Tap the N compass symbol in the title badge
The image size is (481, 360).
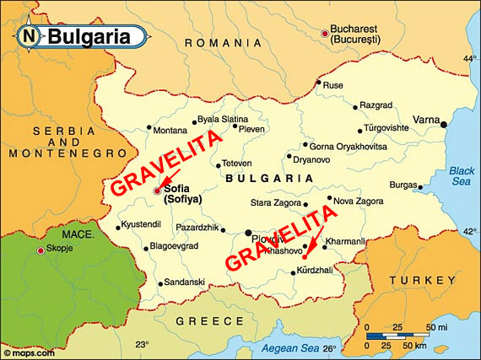tap(30, 36)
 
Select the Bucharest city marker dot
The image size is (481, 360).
tap(326, 34)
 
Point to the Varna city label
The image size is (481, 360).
tap(426, 120)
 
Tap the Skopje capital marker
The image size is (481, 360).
tap(41, 250)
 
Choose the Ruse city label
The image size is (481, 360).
tap(333, 85)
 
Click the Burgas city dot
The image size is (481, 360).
tap(422, 185)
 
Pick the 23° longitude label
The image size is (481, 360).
tap(143, 344)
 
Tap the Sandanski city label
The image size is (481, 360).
tap(185, 282)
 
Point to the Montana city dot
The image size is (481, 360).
tap(149, 128)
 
